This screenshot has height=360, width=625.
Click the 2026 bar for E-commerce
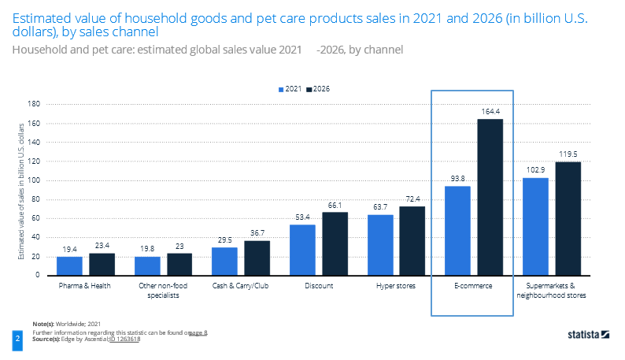click(x=490, y=197)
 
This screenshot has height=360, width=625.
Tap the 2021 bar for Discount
click(x=302, y=250)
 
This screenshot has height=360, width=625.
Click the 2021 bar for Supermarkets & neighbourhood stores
click(x=535, y=226)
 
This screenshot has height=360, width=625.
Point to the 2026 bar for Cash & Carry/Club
click(x=257, y=258)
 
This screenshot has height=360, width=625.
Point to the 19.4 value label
click(x=69, y=251)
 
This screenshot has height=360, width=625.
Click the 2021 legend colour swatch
click(x=281, y=90)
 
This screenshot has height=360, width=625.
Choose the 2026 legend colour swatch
click(x=309, y=90)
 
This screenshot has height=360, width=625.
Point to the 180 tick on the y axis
click(x=35, y=104)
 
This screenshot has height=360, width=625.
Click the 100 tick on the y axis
click(x=35, y=180)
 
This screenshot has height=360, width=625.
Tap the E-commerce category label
click(x=473, y=285)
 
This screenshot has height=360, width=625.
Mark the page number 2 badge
click(x=17, y=338)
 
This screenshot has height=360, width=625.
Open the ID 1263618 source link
click(x=124, y=340)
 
